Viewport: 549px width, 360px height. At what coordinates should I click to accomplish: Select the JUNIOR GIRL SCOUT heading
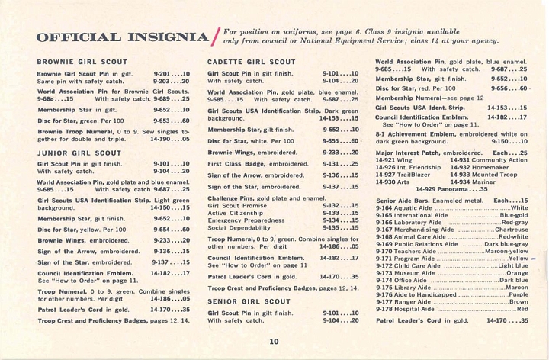pyautogui.click(x=75, y=152)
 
